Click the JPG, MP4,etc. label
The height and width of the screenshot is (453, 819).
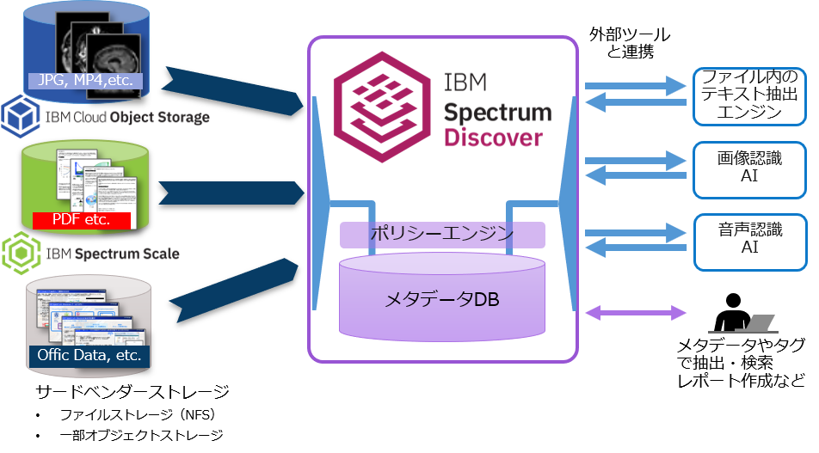[84, 82]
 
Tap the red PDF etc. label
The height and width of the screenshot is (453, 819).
[81, 219]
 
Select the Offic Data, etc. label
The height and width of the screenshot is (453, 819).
[89, 355]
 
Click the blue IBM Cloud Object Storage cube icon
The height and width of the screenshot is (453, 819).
[17, 116]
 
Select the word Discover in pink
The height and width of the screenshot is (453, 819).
[494, 138]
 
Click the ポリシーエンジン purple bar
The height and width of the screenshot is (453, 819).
[442, 234]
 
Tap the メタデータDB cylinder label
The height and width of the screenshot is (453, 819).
[442, 300]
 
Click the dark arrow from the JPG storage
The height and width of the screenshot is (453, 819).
[232, 90]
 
